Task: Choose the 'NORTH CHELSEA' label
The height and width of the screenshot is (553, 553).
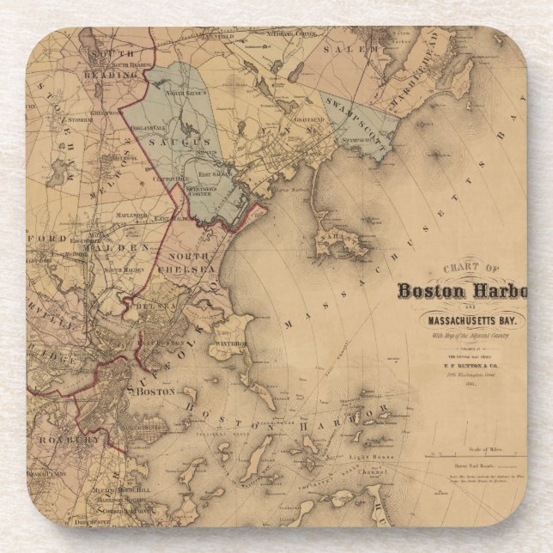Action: click(191, 263)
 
